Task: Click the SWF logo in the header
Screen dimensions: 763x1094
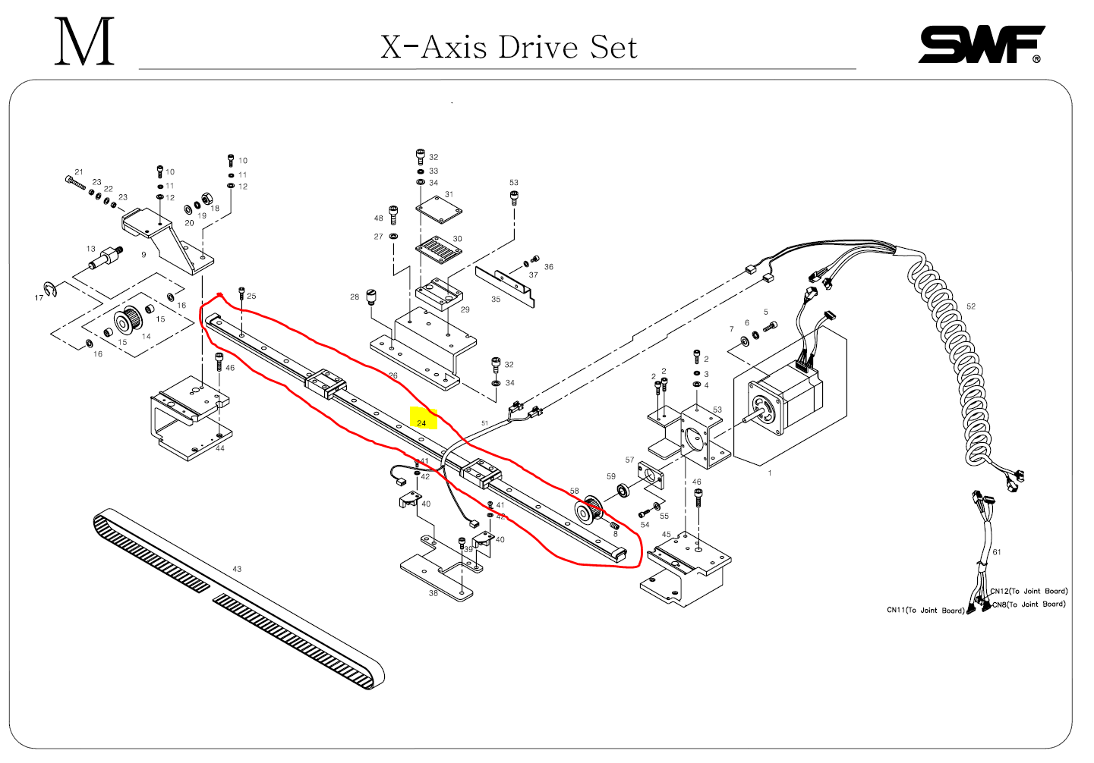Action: (x=980, y=45)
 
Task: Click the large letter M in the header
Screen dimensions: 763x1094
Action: (x=84, y=42)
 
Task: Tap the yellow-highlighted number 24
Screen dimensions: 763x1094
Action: (x=422, y=422)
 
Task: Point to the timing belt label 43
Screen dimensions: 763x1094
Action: (x=237, y=569)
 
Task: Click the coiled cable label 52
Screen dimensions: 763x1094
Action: (x=971, y=306)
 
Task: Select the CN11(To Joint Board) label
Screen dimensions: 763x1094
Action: (x=925, y=611)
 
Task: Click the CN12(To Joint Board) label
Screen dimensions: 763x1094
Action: (x=1029, y=591)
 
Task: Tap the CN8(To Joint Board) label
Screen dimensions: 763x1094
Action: (x=1029, y=604)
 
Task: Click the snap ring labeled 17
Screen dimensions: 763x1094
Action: (x=51, y=289)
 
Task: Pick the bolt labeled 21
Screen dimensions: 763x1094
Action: (x=75, y=182)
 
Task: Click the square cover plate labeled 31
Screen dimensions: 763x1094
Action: (x=440, y=209)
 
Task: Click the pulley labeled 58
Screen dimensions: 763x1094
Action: (x=587, y=510)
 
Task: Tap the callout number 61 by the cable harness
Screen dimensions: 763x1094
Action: (x=997, y=552)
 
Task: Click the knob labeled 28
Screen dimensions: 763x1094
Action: (x=371, y=296)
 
